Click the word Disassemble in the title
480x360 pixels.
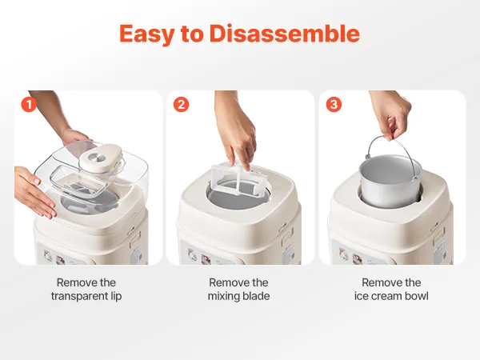[x=285, y=34]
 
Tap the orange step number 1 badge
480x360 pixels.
[x=29, y=105]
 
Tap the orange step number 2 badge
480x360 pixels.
[x=182, y=105]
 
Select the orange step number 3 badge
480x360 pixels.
[x=334, y=105]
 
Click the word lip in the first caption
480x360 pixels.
[x=116, y=296]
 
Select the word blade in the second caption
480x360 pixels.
[x=257, y=296]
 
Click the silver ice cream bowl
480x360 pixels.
[x=390, y=182]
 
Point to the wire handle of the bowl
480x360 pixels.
[x=371, y=143]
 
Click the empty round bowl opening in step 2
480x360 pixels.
[x=238, y=195]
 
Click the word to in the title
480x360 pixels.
[x=192, y=34]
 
